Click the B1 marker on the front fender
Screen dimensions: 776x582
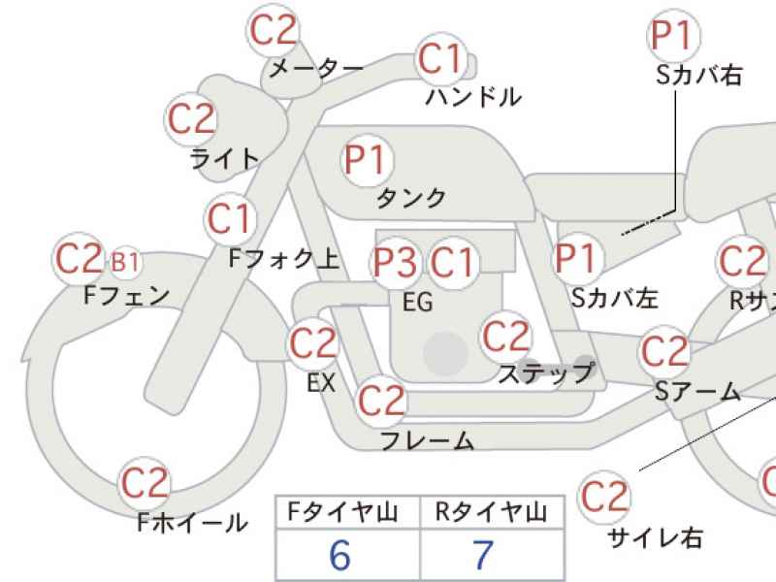[125, 262]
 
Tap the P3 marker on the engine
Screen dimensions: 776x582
[395, 262]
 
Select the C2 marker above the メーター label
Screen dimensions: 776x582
[273, 30]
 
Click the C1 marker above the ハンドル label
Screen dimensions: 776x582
[442, 58]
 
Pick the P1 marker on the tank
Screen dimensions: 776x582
[368, 160]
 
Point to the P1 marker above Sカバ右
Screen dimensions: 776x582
[673, 36]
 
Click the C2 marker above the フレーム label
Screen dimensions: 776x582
[381, 400]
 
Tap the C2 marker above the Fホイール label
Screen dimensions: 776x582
[145, 483]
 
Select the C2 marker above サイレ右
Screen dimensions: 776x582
[604, 497]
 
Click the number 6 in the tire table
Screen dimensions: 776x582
[340, 555]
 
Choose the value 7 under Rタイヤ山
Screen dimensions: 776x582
[483, 555]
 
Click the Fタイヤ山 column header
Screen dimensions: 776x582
[342, 512]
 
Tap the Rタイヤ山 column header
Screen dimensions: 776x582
[491, 512]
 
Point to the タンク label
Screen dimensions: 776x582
[411, 199]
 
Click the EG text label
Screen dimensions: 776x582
[418, 302]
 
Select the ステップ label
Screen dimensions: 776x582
[545, 373]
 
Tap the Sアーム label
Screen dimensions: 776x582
[697, 392]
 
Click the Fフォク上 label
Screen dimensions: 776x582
[284, 258]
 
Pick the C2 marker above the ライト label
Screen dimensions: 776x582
[191, 118]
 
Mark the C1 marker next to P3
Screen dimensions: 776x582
[452, 262]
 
